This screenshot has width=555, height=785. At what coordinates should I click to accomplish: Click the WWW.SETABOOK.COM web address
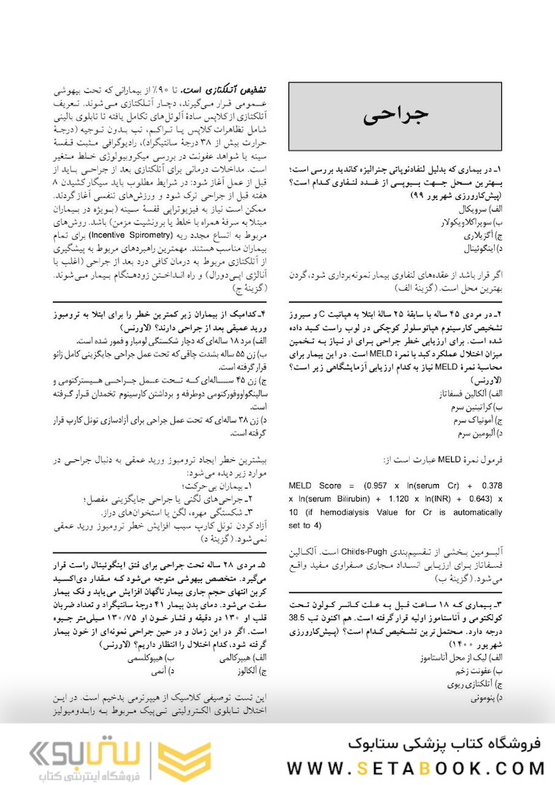click(416, 768)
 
